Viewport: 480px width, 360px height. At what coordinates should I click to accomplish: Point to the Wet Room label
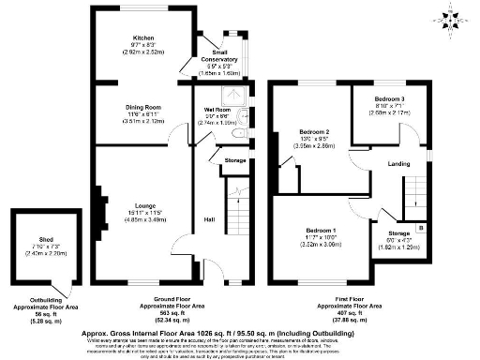[x=217, y=111]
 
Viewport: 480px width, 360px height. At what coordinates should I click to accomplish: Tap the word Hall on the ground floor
[x=208, y=221]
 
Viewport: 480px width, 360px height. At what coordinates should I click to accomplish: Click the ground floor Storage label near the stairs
[x=235, y=160]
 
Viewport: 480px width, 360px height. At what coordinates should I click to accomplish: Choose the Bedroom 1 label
[x=321, y=230]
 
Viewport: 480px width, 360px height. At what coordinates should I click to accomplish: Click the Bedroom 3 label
[x=388, y=98]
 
